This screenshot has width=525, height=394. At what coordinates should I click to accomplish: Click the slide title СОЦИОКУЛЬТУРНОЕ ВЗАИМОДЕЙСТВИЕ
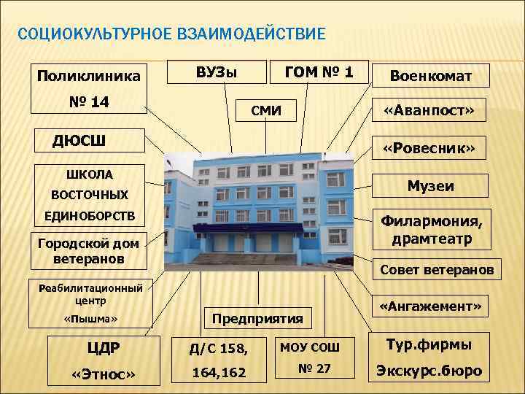point(171,34)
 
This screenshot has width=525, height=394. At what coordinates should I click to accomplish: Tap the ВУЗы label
point(217,72)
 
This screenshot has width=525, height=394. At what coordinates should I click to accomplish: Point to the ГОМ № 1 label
point(319,72)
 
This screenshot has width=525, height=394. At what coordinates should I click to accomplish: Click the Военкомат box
point(430,76)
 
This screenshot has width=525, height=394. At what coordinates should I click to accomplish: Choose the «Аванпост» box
point(430,110)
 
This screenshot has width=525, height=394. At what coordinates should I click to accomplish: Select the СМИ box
point(264,111)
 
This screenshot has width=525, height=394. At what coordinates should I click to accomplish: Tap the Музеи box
point(430,186)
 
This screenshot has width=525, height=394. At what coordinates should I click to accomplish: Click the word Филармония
point(431,221)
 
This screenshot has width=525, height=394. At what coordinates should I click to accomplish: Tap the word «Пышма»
point(91,320)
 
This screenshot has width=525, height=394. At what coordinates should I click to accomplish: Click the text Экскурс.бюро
point(429,370)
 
